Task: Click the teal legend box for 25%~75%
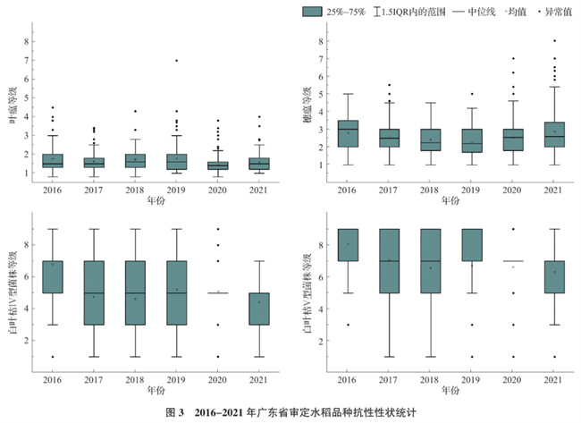click(313, 11)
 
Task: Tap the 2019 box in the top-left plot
click(177, 161)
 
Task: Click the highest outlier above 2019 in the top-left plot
click(177, 61)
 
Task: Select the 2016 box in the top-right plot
click(349, 133)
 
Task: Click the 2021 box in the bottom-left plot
click(257, 309)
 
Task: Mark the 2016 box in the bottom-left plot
click(53, 277)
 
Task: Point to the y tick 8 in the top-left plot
click(28, 41)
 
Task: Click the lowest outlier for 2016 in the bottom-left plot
click(53, 357)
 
